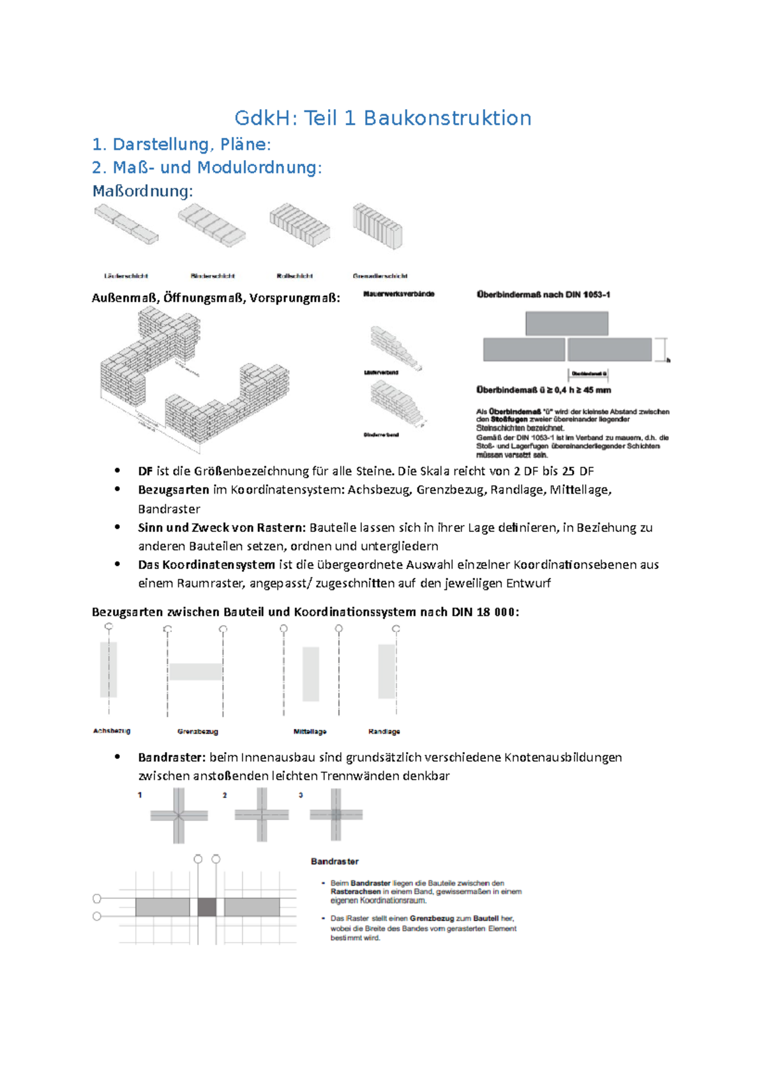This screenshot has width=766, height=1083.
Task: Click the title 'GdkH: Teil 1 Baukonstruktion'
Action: point(382,118)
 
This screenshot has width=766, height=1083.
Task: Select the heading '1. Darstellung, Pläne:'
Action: point(181,144)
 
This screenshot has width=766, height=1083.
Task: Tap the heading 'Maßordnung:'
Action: point(142,191)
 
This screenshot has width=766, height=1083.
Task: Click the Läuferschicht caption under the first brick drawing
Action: point(126,276)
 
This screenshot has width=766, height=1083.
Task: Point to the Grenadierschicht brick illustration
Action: point(377,226)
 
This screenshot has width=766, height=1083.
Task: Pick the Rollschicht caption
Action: point(294,276)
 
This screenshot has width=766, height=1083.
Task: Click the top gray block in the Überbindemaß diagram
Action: point(566,323)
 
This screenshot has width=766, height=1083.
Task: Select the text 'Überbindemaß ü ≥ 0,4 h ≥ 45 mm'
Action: point(543,390)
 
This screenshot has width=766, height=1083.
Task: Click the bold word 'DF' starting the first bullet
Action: point(145,471)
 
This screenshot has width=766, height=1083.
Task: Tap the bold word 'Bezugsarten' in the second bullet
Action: point(173,490)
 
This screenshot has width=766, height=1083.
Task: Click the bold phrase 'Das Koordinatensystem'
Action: point(206,564)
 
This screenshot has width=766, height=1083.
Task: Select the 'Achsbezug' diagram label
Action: point(112,731)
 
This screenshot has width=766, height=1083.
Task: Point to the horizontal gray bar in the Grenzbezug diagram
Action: point(195,671)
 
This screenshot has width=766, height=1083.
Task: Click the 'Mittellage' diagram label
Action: point(310,732)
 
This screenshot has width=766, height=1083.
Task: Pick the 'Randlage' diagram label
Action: point(384,732)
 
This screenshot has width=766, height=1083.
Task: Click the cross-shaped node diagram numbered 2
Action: point(261,814)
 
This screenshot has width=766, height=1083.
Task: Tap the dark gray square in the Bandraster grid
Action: point(207,907)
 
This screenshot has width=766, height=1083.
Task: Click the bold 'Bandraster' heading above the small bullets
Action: point(334,861)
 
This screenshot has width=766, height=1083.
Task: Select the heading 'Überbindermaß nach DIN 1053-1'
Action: point(543,295)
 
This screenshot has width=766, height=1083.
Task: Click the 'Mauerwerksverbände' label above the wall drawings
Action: point(398,294)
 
